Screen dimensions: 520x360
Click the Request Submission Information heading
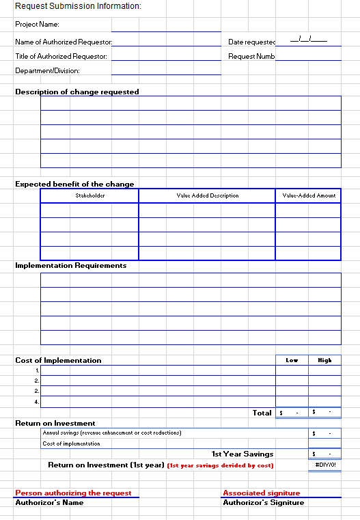click(x=78, y=6)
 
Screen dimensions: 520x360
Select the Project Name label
click(x=37, y=25)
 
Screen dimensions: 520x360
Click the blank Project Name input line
click(x=166, y=27)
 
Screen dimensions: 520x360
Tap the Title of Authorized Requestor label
click(x=61, y=56)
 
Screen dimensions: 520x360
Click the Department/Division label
click(x=47, y=70)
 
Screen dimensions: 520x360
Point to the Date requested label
click(x=251, y=42)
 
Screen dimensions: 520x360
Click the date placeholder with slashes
click(x=308, y=40)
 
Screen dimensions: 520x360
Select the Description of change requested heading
click(x=77, y=92)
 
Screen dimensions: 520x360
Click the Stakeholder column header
click(x=89, y=195)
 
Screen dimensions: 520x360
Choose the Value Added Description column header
click(x=208, y=195)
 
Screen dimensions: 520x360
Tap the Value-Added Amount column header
click(x=309, y=195)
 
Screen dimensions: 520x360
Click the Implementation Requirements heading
click(x=71, y=265)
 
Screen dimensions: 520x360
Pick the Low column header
click(x=292, y=360)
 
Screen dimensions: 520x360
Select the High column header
click(x=324, y=360)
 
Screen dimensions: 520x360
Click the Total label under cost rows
click(x=262, y=413)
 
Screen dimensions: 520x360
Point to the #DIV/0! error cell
click(x=324, y=465)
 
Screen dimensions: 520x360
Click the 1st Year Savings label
click(x=243, y=454)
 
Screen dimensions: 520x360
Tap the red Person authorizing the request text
click(x=73, y=493)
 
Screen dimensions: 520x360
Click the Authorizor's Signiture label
click(x=264, y=502)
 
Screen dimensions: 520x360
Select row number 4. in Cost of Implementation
click(x=37, y=401)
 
